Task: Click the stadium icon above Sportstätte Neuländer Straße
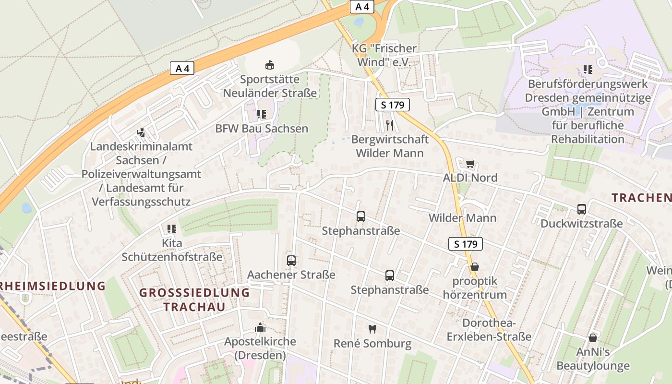click(270, 65)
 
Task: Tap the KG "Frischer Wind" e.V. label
click(384, 55)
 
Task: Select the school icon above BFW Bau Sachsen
click(261, 114)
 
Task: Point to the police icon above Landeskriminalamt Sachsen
click(141, 132)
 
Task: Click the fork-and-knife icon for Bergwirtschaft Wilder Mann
click(390, 125)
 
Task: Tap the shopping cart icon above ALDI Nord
click(470, 164)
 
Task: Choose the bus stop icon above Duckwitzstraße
click(582, 209)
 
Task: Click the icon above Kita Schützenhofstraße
click(171, 229)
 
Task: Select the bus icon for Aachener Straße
click(291, 261)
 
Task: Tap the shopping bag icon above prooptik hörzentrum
click(475, 267)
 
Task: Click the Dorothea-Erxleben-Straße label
click(489, 329)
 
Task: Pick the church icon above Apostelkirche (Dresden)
click(260, 328)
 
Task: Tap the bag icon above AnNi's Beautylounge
click(593, 338)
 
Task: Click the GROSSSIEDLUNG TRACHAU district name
click(194, 300)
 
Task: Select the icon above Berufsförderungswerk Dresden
click(588, 70)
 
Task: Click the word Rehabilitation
click(588, 139)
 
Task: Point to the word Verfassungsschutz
click(141, 202)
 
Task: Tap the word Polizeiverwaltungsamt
click(141, 174)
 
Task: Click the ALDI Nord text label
click(470, 178)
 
